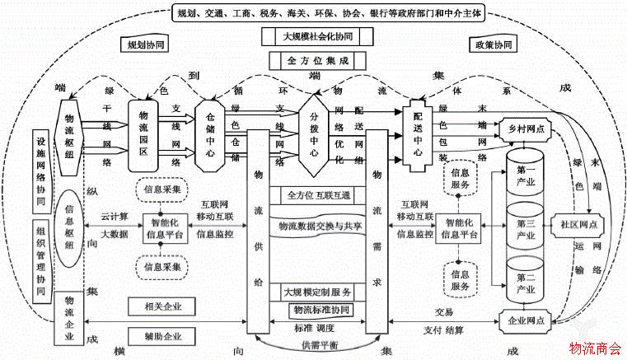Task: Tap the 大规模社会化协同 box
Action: click(318, 37)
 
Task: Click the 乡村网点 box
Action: click(526, 129)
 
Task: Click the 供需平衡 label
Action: click(316, 344)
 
